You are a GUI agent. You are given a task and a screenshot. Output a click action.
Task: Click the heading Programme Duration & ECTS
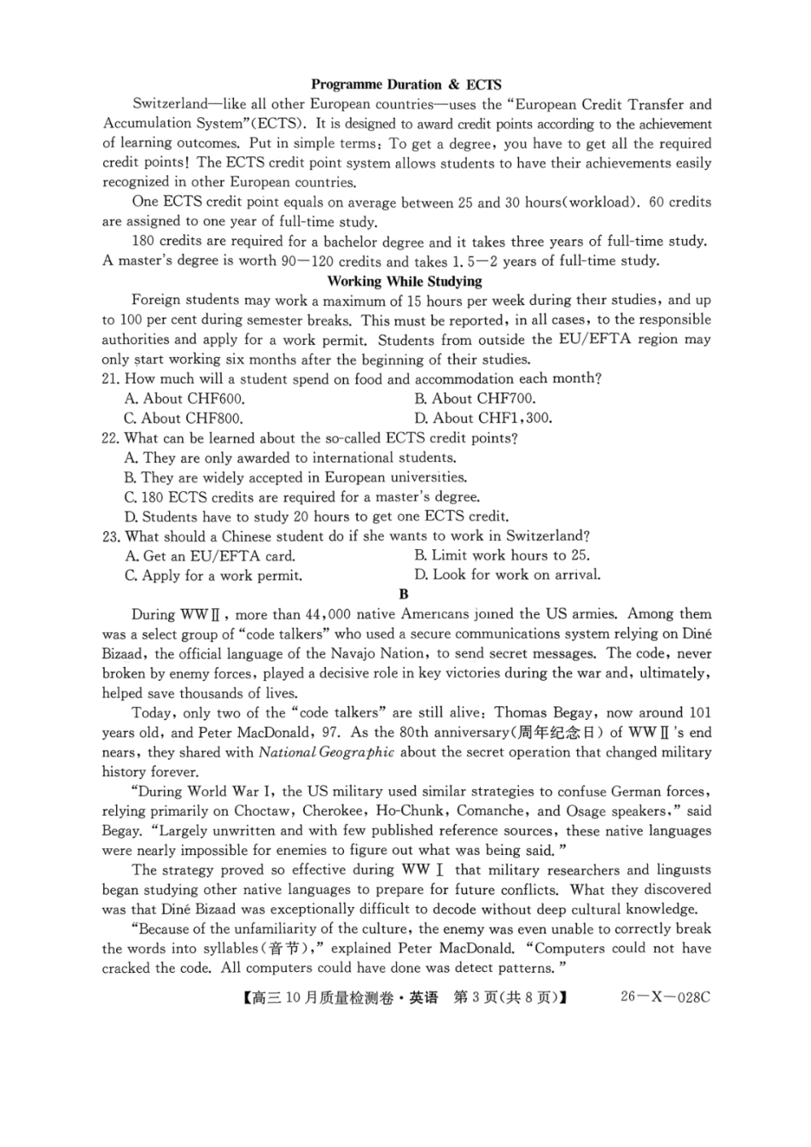tap(405, 85)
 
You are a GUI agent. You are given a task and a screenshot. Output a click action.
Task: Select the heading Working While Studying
tap(405, 281)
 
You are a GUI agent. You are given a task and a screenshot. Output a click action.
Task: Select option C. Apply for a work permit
tap(213, 576)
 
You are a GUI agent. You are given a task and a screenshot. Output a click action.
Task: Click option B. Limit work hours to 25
tap(502, 556)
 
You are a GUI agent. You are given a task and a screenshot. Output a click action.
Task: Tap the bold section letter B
tap(404, 594)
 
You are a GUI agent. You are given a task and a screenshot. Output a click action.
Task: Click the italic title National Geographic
tap(326, 752)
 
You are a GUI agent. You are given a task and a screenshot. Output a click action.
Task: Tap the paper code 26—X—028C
tap(665, 997)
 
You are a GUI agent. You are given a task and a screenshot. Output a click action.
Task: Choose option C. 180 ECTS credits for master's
tap(301, 497)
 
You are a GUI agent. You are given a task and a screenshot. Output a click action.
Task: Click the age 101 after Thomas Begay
tap(699, 713)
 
